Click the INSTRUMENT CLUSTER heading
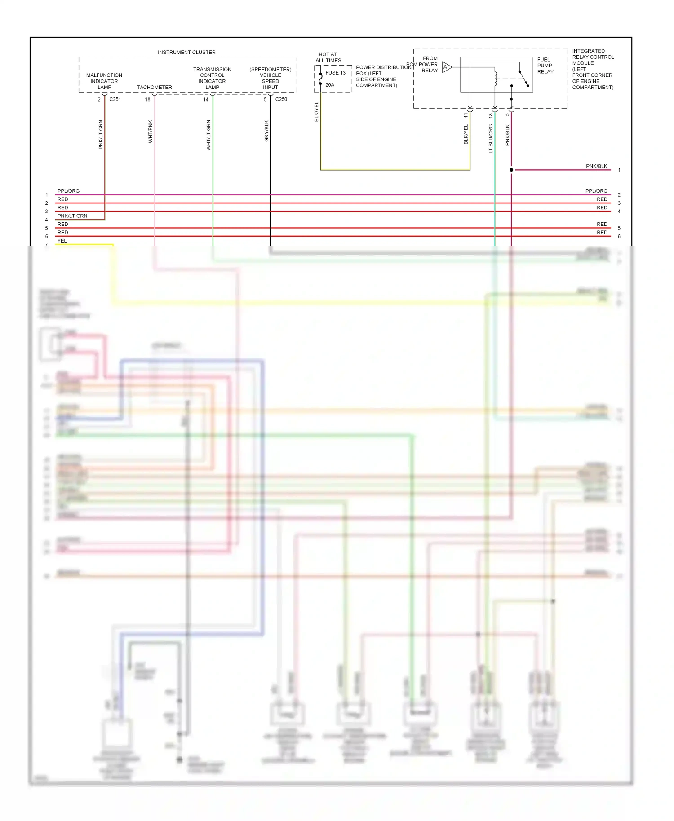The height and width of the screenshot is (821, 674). [x=186, y=53]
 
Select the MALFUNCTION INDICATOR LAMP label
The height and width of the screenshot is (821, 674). [x=104, y=81]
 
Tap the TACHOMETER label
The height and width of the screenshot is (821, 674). [x=154, y=88]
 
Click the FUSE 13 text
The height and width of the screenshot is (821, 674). [x=335, y=73]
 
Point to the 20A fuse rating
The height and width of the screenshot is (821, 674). [x=330, y=85]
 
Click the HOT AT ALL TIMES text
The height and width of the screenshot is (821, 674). [x=328, y=57]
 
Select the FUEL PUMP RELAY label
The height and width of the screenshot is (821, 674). [x=545, y=66]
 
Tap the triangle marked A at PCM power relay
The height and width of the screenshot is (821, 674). [x=446, y=67]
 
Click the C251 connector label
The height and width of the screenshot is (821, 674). [x=115, y=99]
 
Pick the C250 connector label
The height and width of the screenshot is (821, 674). [x=281, y=99]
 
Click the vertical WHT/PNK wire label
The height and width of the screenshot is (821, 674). [x=151, y=132]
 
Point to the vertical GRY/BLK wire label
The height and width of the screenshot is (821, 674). [x=266, y=131]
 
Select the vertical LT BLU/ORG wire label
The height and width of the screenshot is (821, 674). [x=491, y=139]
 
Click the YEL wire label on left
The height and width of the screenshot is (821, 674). [x=62, y=241]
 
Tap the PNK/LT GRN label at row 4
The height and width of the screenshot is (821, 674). [x=72, y=216]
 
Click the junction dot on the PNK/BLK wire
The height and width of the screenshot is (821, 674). [x=511, y=170]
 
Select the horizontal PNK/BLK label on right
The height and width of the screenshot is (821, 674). [x=596, y=166]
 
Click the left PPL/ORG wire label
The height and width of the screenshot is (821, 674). [x=68, y=191]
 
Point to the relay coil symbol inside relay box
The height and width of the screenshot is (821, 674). [x=495, y=77]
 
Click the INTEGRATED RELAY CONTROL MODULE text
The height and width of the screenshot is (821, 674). [x=593, y=69]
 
